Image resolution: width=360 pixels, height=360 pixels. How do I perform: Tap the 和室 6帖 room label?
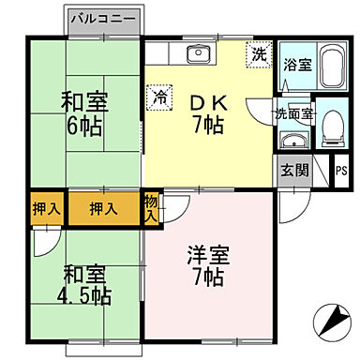pyautogui.click(x=85, y=112)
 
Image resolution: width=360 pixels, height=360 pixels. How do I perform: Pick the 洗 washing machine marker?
pyautogui.click(x=257, y=55)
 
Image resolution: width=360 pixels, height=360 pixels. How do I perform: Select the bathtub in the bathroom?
pyautogui.click(x=330, y=65)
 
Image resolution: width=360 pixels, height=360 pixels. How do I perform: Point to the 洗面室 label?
pyautogui.click(x=293, y=114)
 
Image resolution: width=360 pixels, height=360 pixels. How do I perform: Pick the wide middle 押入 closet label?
pyautogui.click(x=102, y=207)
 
